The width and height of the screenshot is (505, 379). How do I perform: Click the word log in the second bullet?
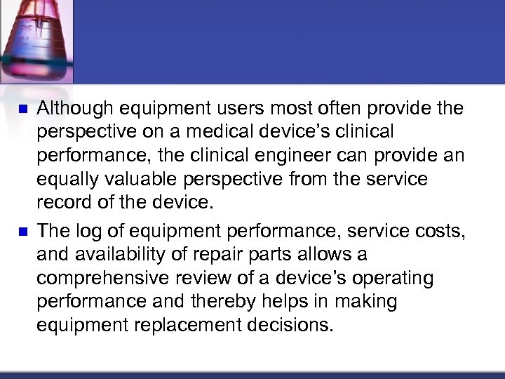(x=86, y=230)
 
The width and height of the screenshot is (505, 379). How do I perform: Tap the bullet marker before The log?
(x=21, y=231)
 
